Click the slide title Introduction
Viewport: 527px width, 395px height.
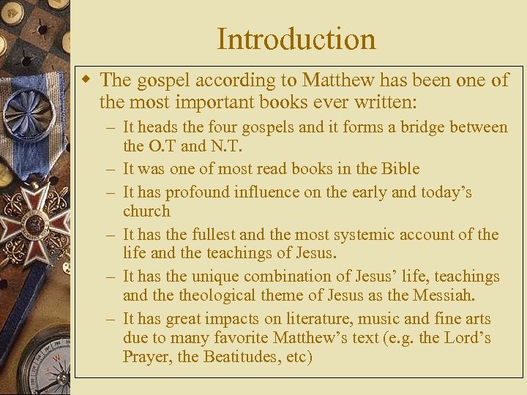click(296, 39)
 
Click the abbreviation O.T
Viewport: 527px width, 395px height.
click(164, 148)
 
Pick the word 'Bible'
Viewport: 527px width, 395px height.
click(400, 169)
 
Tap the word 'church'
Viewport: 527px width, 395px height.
click(146, 211)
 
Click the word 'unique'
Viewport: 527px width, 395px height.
click(215, 276)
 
